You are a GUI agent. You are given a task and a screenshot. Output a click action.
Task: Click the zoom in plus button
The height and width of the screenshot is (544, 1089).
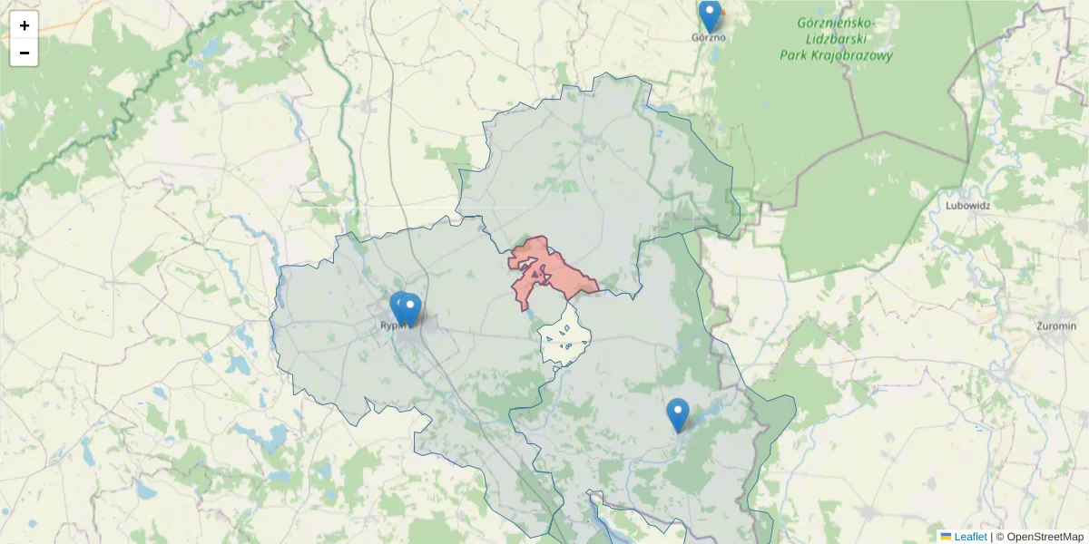click(25, 25)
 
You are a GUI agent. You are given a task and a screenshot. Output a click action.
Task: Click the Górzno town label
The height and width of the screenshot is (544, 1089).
click(709, 38)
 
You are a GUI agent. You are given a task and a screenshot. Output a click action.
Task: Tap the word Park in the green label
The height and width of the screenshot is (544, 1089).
click(795, 55)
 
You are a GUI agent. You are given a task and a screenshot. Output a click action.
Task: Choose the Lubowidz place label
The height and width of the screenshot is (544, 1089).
click(967, 205)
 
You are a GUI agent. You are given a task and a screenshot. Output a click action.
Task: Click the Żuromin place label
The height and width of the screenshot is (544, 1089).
click(1055, 325)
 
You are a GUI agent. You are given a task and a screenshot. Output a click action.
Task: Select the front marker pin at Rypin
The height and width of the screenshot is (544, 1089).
click(411, 309)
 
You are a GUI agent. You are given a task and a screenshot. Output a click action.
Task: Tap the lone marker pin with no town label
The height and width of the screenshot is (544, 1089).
click(678, 414)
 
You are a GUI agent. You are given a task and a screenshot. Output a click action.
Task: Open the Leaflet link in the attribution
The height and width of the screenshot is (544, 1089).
click(969, 537)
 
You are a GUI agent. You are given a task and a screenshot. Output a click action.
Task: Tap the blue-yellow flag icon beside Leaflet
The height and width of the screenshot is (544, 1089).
click(946, 537)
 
